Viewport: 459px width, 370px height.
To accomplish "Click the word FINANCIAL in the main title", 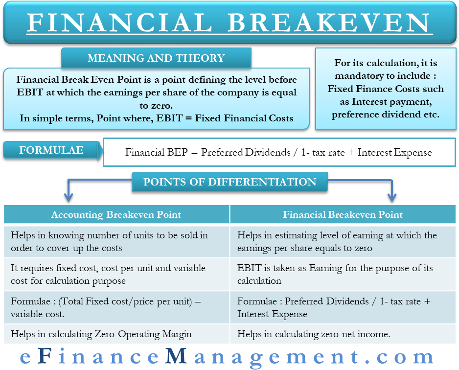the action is pyautogui.click(x=119, y=23).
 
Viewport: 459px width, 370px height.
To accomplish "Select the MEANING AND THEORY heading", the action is pyautogui.click(x=156, y=58).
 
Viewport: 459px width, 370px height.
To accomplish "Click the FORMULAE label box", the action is pyautogui.click(x=52, y=150).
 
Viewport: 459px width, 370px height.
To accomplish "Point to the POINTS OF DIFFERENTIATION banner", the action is pyautogui.click(x=230, y=182).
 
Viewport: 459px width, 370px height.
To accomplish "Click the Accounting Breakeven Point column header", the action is pyautogui.click(x=116, y=214).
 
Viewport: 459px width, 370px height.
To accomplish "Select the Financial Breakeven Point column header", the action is pyautogui.click(x=343, y=214).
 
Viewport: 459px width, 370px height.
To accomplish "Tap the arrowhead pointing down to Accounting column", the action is pyautogui.click(x=69, y=198).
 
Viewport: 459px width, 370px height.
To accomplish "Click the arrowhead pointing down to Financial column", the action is pyautogui.click(x=392, y=198).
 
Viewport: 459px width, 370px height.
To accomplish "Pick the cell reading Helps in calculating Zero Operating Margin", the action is pyautogui.click(x=116, y=334).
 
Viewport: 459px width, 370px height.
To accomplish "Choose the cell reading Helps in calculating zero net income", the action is pyautogui.click(x=343, y=334).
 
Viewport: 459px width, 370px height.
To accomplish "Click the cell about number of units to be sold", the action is pyautogui.click(x=116, y=241).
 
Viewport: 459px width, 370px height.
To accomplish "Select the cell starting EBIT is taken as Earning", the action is pyautogui.click(x=343, y=274).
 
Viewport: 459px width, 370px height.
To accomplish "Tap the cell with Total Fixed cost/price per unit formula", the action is pyautogui.click(x=116, y=307).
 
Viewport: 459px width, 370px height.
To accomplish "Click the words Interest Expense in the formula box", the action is pyautogui.click(x=394, y=153).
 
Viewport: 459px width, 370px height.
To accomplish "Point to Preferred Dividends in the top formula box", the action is pyautogui.click(x=246, y=153).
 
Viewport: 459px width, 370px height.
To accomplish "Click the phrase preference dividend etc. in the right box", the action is pyautogui.click(x=386, y=115).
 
